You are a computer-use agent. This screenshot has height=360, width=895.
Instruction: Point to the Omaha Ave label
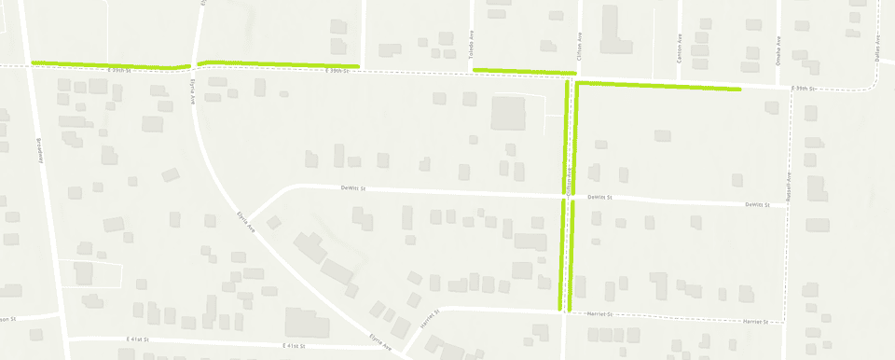click(778, 48)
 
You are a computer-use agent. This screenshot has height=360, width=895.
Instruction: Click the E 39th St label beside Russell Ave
click(803, 89)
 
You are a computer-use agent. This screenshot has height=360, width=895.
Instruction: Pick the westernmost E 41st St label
click(136, 341)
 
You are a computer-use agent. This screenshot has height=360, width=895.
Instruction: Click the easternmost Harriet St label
click(754, 321)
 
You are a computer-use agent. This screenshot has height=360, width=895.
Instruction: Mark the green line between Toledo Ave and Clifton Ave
click(525, 70)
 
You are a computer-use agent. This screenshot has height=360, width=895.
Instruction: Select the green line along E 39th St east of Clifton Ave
click(658, 87)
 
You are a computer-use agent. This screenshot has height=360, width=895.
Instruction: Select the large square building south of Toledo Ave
click(508, 114)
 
